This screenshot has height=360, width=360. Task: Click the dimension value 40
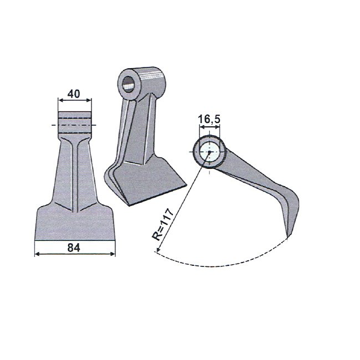[74, 94]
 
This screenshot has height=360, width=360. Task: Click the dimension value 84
[74, 248]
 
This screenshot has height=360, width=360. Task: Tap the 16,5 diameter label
[209, 119]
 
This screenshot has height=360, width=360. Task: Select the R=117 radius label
[163, 224]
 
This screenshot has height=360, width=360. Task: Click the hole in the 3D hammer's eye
[128, 85]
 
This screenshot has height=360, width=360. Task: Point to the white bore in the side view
[209, 152]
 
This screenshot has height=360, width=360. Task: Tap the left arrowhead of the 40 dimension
[60, 100]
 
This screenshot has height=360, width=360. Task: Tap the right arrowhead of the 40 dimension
[89, 100]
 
